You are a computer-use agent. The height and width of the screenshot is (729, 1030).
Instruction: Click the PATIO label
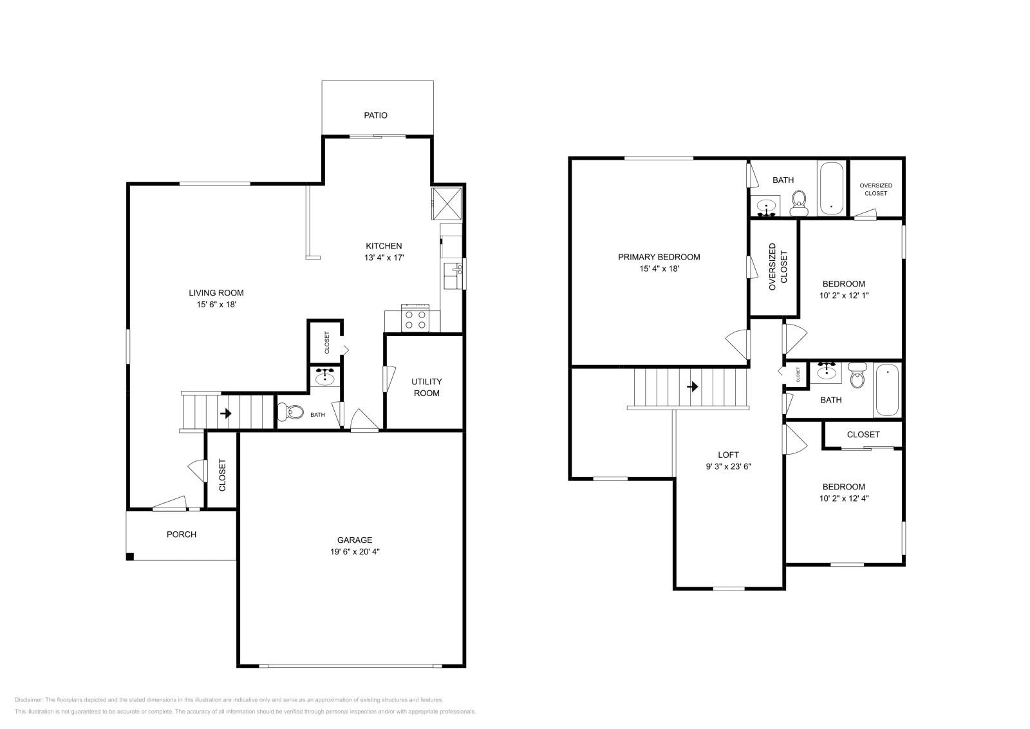click(x=375, y=115)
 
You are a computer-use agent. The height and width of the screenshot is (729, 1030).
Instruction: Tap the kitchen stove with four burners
click(x=415, y=318)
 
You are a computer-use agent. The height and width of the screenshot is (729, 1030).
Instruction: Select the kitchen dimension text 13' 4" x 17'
click(x=384, y=258)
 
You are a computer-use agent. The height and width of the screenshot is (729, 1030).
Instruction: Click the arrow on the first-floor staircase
click(x=225, y=413)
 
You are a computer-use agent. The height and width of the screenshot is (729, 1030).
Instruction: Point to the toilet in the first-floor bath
click(x=291, y=412)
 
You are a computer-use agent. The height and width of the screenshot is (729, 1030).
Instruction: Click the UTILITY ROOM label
click(x=427, y=387)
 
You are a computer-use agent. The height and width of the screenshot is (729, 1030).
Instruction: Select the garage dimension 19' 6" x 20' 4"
click(x=354, y=551)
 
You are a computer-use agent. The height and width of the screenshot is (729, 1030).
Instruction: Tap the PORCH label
click(x=182, y=535)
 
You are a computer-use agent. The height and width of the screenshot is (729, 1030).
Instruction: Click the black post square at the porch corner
click(x=130, y=556)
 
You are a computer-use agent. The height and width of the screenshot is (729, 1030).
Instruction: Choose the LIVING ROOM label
click(x=216, y=293)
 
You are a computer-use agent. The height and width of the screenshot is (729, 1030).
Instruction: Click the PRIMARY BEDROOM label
click(x=659, y=257)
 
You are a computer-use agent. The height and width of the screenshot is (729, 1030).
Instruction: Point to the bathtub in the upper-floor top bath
click(x=832, y=188)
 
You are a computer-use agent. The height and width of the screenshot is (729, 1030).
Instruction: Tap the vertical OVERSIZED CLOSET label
click(x=778, y=267)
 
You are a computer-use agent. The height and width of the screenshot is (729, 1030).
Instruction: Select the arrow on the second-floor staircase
click(x=693, y=387)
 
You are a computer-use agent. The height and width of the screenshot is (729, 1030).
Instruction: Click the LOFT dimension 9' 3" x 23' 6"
click(x=729, y=466)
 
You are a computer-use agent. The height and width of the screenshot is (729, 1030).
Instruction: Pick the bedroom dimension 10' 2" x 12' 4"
click(x=843, y=498)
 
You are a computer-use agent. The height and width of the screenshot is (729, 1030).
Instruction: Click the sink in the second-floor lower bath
click(x=827, y=371)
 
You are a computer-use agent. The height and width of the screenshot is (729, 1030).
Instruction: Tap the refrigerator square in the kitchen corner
click(x=447, y=204)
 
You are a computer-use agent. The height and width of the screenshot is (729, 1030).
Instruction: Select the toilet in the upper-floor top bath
click(x=799, y=203)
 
